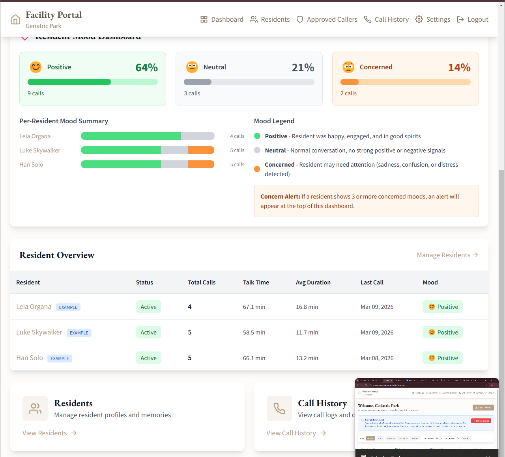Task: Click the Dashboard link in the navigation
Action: pos(222,19)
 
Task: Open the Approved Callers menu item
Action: pos(327,19)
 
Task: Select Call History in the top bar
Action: pos(386,19)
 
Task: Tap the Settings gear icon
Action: pos(419,19)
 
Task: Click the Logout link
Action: pos(473,19)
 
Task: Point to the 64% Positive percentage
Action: pos(146,68)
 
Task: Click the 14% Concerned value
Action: pos(459,68)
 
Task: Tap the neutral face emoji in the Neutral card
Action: pos(192,67)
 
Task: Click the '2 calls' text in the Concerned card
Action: pos(348,93)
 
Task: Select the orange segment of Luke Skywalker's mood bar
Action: pos(201,150)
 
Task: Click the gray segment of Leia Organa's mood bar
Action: pos(198,136)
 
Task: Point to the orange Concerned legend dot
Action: pos(257,169)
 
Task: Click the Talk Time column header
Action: pos(256,282)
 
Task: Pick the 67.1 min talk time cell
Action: pos(254,307)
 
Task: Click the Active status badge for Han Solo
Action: pos(149,358)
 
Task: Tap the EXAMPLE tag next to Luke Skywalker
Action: pos(79,333)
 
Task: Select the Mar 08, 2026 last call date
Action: pos(377,358)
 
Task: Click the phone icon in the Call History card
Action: pos(279,409)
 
